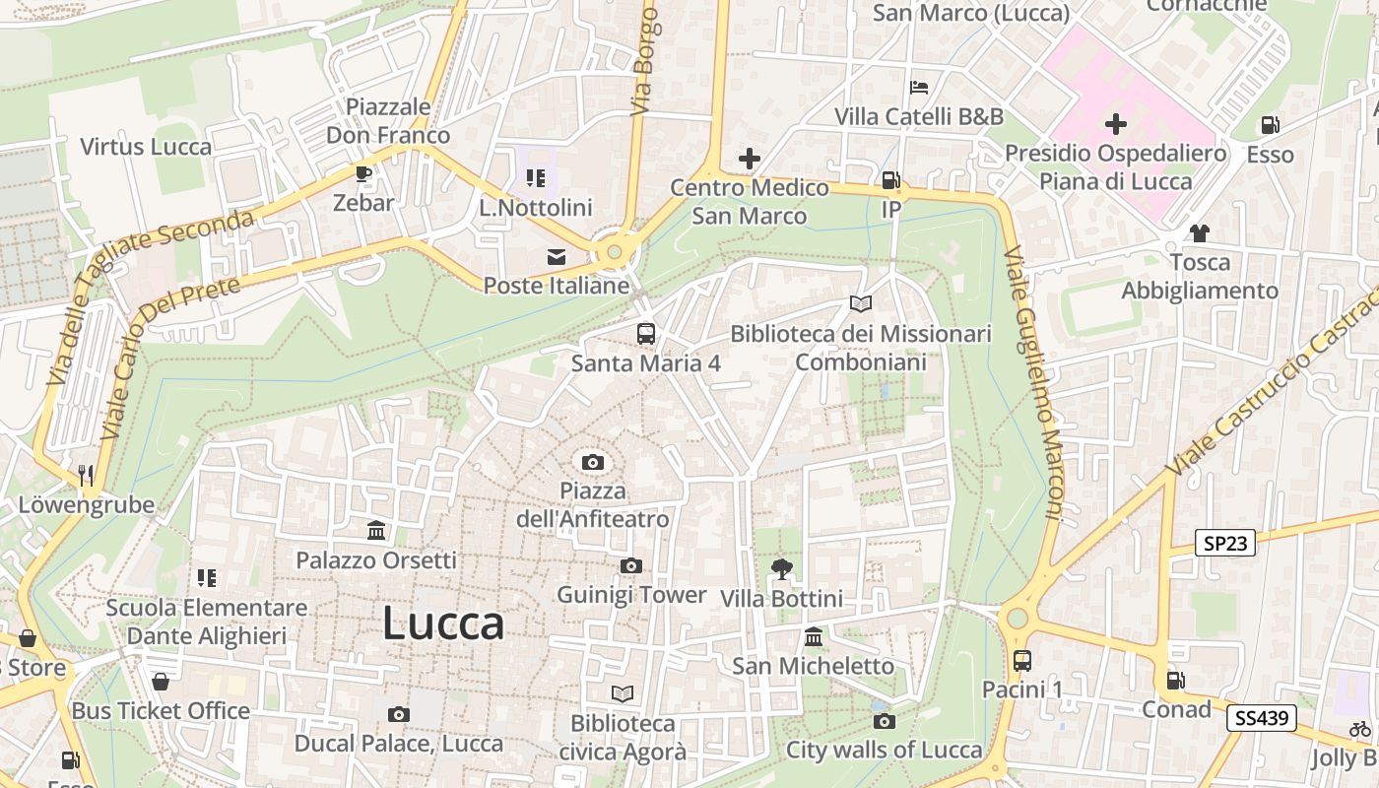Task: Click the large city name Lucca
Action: pyautogui.click(x=443, y=624)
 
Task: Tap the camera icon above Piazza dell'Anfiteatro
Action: pyautogui.click(x=593, y=462)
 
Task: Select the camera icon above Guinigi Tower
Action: pyautogui.click(x=631, y=565)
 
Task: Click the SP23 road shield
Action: pyautogui.click(x=1225, y=543)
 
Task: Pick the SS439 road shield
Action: pyautogui.click(x=1261, y=718)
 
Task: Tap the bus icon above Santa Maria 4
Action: pyautogui.click(x=646, y=334)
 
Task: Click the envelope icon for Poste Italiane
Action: pyautogui.click(x=557, y=257)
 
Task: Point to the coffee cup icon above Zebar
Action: pyautogui.click(x=363, y=174)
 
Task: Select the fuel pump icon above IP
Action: pyautogui.click(x=890, y=180)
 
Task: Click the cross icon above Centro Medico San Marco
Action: pyautogui.click(x=750, y=158)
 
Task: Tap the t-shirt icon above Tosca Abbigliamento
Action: pyautogui.click(x=1200, y=233)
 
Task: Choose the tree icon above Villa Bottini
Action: pyautogui.click(x=782, y=568)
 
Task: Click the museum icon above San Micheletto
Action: pyautogui.click(x=814, y=636)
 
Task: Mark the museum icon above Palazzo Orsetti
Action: pyautogui.click(x=376, y=531)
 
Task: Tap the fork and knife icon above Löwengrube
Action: pyautogui.click(x=86, y=476)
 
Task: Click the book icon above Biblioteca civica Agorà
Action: pyautogui.click(x=622, y=694)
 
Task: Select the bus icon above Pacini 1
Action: pyautogui.click(x=1022, y=660)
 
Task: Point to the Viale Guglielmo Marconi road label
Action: pyautogui.click(x=1034, y=384)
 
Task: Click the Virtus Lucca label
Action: pyautogui.click(x=146, y=147)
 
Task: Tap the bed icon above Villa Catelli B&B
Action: pyautogui.click(x=919, y=88)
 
